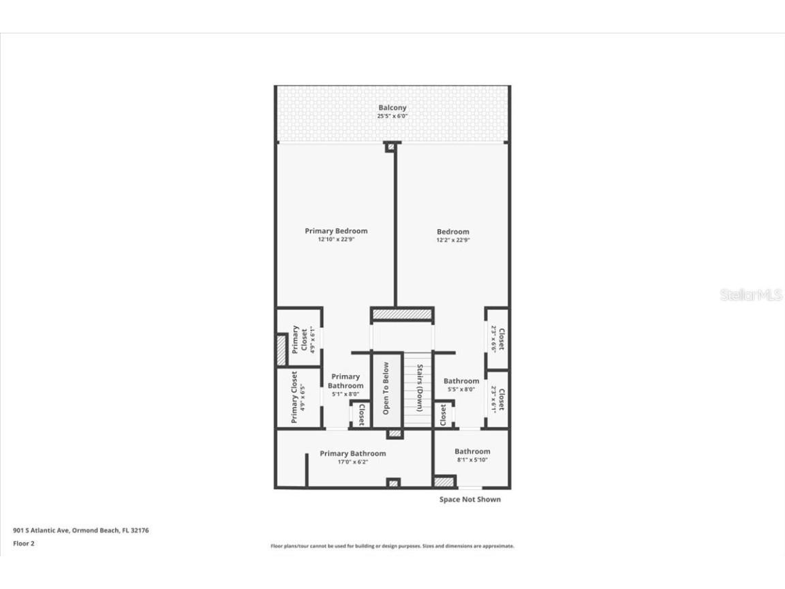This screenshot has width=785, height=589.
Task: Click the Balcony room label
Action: (392, 108)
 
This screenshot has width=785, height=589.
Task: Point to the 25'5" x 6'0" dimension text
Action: (392, 117)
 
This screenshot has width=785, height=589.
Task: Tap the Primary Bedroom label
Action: (336, 231)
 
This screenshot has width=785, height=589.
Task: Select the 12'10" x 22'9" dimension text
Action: (336, 240)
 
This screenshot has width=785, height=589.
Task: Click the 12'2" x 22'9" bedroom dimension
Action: (453, 241)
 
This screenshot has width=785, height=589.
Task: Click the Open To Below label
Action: (386, 389)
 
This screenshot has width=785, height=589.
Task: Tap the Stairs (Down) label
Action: (420, 389)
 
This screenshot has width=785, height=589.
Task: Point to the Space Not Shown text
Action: (470, 500)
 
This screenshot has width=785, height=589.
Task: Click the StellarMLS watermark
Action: (751, 294)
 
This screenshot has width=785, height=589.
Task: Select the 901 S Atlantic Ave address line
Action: (81, 530)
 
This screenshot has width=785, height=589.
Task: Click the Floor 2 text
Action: (23, 543)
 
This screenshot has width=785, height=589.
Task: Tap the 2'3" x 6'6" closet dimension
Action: (493, 337)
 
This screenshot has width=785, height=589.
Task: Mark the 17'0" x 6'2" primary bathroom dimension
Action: (352, 462)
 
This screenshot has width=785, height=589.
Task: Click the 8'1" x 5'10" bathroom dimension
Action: (472, 460)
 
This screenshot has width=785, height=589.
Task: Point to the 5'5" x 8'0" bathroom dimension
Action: (461, 390)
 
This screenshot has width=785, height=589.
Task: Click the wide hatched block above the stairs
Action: (402, 314)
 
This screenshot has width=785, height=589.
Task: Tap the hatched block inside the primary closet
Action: (281, 350)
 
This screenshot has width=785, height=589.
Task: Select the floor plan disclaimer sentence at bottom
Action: (392, 546)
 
